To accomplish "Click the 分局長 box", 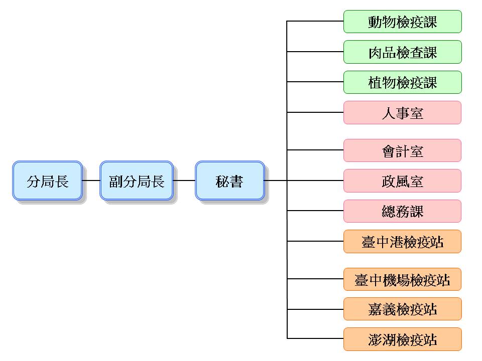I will (47, 180).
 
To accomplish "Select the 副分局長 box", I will (137, 180).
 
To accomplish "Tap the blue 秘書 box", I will (229, 180).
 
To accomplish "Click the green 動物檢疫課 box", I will (402, 22).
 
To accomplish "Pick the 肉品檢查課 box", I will (402, 52).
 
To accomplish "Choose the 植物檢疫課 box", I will (402, 82).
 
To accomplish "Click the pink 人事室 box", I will (402, 113).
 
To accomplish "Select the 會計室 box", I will (402, 150).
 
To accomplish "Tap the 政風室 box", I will (402, 180).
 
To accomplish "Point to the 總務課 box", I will (402, 211).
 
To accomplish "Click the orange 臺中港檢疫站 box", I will (402, 242).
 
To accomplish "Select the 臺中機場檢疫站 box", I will (402, 279).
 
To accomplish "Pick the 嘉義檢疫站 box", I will (402, 309).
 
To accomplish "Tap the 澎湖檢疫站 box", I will (402, 339).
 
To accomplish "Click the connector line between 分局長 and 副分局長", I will (91, 180).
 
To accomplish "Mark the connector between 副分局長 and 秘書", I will (184, 180).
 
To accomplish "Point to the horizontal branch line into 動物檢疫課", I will (315, 22).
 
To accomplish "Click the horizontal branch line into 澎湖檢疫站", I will (315, 339).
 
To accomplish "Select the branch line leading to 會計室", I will (315, 150).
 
